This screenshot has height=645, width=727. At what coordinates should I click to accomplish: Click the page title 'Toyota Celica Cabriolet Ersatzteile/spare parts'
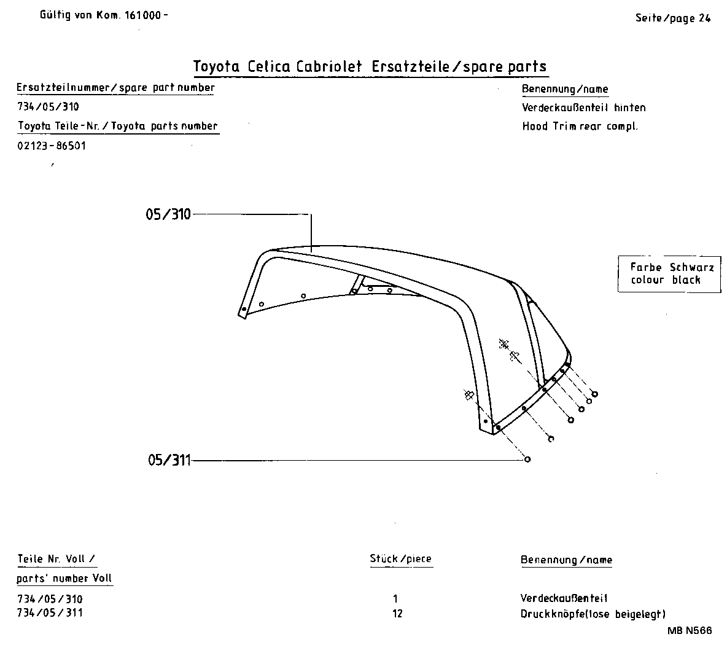pos(370,66)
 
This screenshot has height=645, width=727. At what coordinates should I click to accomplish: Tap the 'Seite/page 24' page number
pos(672,18)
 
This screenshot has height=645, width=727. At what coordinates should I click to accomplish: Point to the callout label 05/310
pos(168,214)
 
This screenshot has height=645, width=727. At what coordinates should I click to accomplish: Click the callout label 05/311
pos(169,460)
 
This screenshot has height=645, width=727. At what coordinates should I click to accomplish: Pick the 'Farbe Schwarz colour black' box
pos(669,274)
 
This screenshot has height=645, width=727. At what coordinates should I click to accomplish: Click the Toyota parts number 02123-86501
pos(52,146)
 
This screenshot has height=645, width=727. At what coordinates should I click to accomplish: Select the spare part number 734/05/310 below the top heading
pos(49,107)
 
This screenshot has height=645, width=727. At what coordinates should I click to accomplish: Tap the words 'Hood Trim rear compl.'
pos(580,127)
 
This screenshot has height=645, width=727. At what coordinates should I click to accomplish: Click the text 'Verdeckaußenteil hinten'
pos(583,107)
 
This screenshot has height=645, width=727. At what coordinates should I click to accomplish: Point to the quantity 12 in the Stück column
pos(397,614)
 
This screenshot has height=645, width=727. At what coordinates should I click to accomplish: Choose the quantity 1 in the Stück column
pos(395,599)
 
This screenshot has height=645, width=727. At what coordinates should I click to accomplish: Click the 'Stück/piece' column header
pos(400,559)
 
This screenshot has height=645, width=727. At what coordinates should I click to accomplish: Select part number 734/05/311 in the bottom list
pos(50,613)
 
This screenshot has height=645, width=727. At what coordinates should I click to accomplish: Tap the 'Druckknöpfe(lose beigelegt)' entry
pos(593,614)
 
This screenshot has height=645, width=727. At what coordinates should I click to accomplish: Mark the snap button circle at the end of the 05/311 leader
pos(527,459)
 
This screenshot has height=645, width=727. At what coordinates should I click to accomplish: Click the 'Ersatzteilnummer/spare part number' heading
pos(115,88)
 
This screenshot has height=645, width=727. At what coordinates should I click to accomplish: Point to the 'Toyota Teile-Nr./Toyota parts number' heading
pos(117,126)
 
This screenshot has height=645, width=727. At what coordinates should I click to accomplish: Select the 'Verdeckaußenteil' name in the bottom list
pos(564,598)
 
